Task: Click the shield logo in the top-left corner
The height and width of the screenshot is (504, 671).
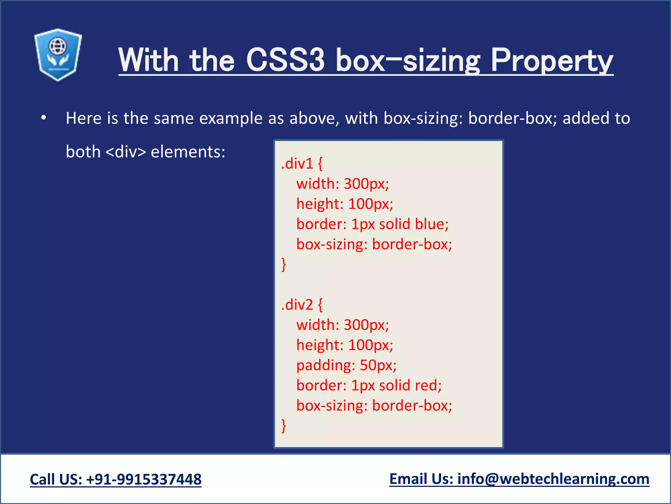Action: (58, 54)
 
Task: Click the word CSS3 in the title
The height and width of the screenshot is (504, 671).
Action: (285, 60)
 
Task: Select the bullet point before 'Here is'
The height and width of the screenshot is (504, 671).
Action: (44, 118)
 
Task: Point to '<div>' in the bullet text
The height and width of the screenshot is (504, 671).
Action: (126, 152)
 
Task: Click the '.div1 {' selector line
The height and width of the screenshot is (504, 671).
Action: (302, 163)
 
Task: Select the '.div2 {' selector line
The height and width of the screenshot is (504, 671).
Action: (302, 305)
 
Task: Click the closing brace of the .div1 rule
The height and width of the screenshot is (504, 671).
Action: (284, 264)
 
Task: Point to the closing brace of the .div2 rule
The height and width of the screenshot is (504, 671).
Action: (284, 426)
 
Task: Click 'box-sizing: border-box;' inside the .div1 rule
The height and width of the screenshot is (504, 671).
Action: (374, 244)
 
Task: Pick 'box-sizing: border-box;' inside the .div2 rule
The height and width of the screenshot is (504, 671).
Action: (374, 406)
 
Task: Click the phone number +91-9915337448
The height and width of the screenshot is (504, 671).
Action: (144, 479)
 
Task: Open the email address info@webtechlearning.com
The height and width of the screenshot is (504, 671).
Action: (553, 479)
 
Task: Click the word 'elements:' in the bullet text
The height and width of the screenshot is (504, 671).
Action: (188, 152)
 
